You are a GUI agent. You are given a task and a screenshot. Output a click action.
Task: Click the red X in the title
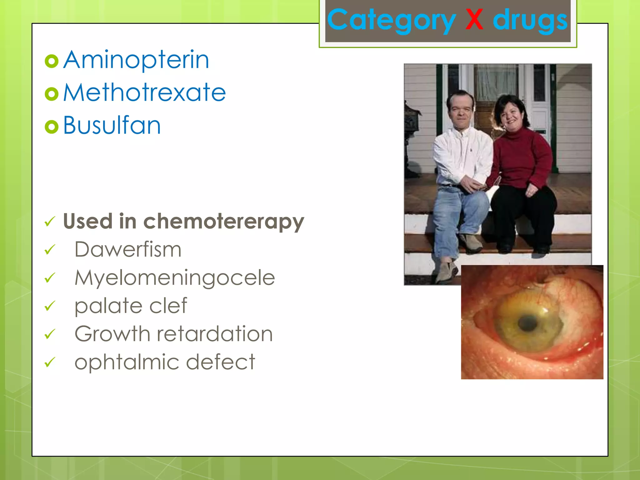(474, 20)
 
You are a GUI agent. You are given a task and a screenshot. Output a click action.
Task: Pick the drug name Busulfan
(112, 125)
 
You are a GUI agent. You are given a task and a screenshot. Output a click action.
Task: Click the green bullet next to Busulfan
(52, 127)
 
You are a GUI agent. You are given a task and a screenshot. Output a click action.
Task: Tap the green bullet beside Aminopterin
(52, 61)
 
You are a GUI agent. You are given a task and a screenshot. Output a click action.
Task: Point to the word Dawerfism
(128, 250)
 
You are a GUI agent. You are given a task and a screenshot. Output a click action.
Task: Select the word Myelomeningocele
(175, 278)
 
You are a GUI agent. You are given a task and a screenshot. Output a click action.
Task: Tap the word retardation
(215, 334)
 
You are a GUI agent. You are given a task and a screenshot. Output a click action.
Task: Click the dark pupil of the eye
(528, 322)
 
